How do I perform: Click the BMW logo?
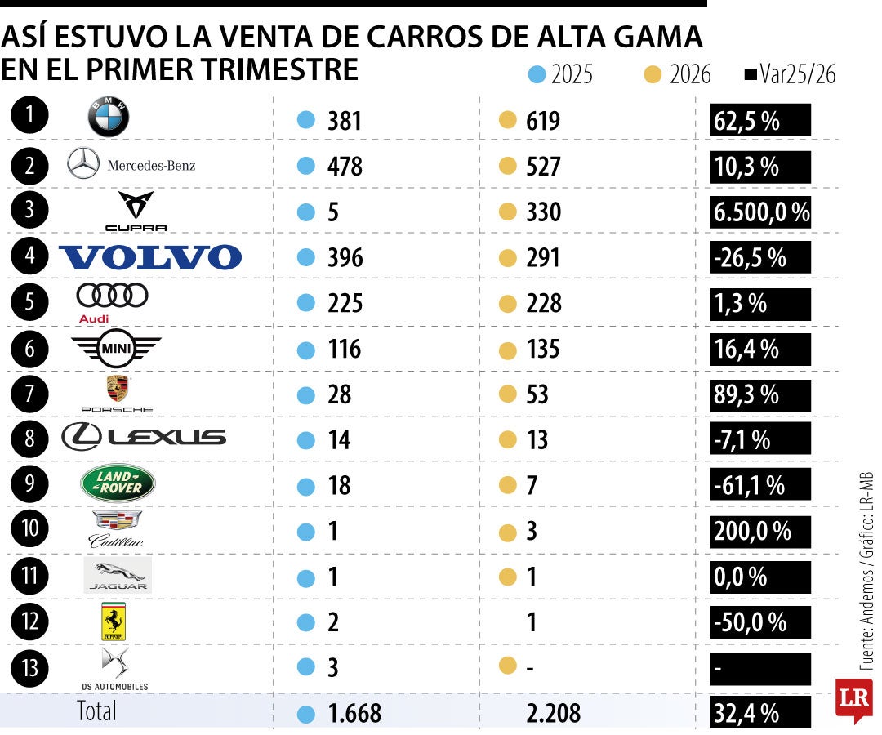pyautogui.click(x=109, y=119)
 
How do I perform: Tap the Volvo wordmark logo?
pyautogui.click(x=151, y=257)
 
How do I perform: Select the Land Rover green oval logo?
pyautogui.click(x=118, y=484)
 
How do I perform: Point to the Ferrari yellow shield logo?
pyautogui.click(x=113, y=622)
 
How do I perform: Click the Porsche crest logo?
pyautogui.click(x=118, y=389)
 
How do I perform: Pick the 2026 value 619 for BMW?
pyautogui.click(x=543, y=121)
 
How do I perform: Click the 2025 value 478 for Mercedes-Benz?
pyautogui.click(x=344, y=167)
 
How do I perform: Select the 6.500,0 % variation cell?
pyautogui.click(x=760, y=212)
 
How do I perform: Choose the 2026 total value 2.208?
pyautogui.click(x=553, y=713)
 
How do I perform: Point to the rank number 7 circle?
pyautogui.click(x=30, y=394)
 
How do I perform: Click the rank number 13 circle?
pyautogui.click(x=30, y=668)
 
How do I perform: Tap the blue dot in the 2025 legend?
pyautogui.click(x=537, y=75)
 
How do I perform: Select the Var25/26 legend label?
pyautogui.click(x=797, y=75)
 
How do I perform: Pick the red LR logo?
pyautogui.click(x=853, y=698)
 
